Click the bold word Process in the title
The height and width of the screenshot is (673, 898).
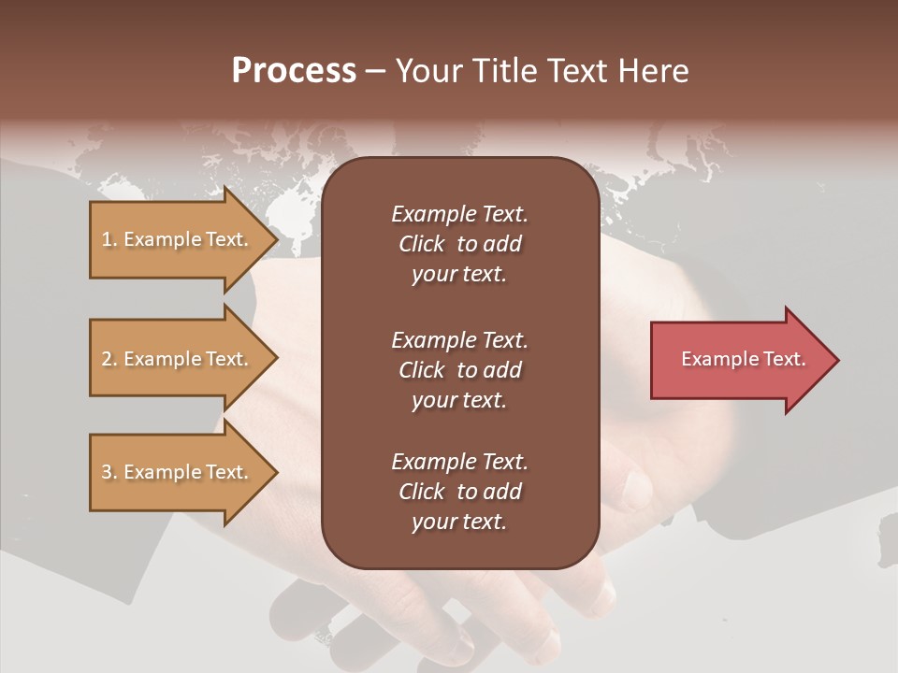point(294,71)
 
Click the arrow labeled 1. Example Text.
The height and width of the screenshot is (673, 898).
point(178,239)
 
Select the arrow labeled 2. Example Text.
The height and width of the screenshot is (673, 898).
point(178,359)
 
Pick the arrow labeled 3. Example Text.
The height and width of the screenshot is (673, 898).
point(178,472)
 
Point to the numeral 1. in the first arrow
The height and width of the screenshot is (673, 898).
point(109,239)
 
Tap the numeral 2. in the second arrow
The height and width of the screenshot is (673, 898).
point(109,359)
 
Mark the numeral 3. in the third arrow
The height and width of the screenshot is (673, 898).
point(109,472)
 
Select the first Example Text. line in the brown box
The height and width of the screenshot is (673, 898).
point(459,214)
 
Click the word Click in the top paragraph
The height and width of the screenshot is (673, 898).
point(421,244)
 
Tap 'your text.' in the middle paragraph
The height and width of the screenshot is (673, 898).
point(459,400)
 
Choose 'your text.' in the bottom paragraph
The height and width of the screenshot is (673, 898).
point(459,522)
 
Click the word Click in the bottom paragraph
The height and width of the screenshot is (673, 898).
point(421,492)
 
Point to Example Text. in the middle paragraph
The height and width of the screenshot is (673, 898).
point(459,340)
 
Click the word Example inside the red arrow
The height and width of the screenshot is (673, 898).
point(712,359)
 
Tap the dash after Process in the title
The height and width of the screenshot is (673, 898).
point(375,71)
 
